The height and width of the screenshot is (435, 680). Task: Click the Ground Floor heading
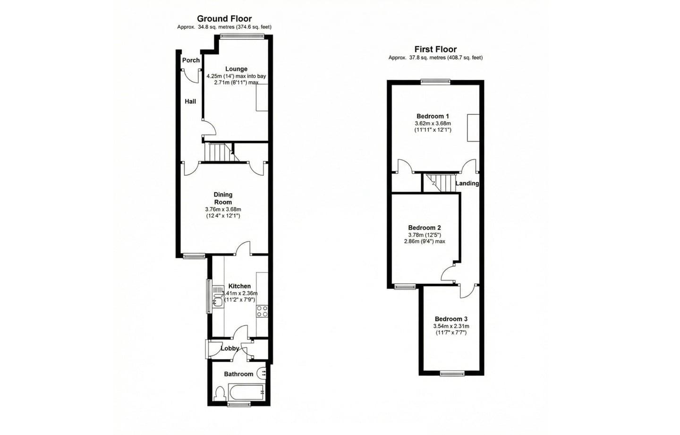click(x=224, y=19)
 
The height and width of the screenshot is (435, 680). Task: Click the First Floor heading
click(x=435, y=49)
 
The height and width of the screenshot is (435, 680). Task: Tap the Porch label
click(x=191, y=60)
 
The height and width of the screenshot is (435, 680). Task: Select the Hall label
click(x=190, y=101)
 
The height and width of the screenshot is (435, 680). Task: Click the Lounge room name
click(x=236, y=69)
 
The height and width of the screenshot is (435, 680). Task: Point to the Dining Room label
click(x=223, y=198)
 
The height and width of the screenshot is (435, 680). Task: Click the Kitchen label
click(x=239, y=286)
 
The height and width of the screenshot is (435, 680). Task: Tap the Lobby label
click(x=230, y=348)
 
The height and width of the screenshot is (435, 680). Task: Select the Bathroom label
click(x=238, y=374)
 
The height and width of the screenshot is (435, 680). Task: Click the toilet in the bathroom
click(x=220, y=393)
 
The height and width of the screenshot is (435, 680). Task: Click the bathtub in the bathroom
click(x=246, y=392)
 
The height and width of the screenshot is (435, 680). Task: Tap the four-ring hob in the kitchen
click(x=262, y=311)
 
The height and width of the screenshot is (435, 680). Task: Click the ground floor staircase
click(x=218, y=153)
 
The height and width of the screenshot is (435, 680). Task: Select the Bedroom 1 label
click(x=433, y=116)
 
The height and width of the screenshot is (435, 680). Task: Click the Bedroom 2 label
click(x=425, y=228)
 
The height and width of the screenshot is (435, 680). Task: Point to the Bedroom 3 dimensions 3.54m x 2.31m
click(x=451, y=326)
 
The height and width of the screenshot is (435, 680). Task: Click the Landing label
click(x=467, y=183)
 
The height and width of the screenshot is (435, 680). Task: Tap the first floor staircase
click(x=439, y=182)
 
